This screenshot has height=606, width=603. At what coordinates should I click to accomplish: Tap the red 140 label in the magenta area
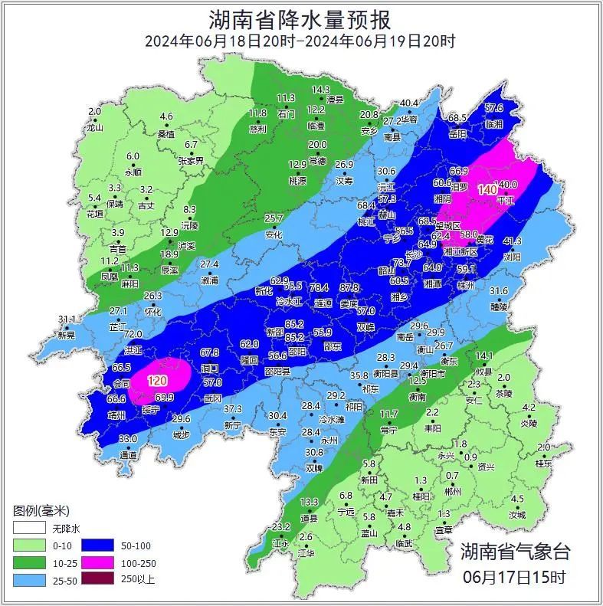[x=487, y=189]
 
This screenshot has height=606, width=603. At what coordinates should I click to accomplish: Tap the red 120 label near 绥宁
[x=157, y=381]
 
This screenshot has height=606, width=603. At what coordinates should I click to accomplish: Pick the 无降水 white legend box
[x=29, y=529]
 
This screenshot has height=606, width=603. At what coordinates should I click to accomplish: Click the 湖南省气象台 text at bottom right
[x=515, y=551]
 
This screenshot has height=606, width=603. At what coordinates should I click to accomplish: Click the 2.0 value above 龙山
[x=94, y=112]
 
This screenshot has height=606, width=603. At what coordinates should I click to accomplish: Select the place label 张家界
[x=191, y=161]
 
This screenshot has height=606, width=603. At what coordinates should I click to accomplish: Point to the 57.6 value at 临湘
[x=494, y=108]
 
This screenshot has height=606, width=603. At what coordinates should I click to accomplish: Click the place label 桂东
[x=543, y=464]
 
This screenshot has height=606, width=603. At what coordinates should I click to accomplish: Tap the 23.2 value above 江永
[x=281, y=526]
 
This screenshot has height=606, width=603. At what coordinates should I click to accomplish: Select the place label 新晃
[x=67, y=335]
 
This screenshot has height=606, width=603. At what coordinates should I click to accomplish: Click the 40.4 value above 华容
[x=410, y=103]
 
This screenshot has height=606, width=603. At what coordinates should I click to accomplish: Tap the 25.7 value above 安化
[x=274, y=218]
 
